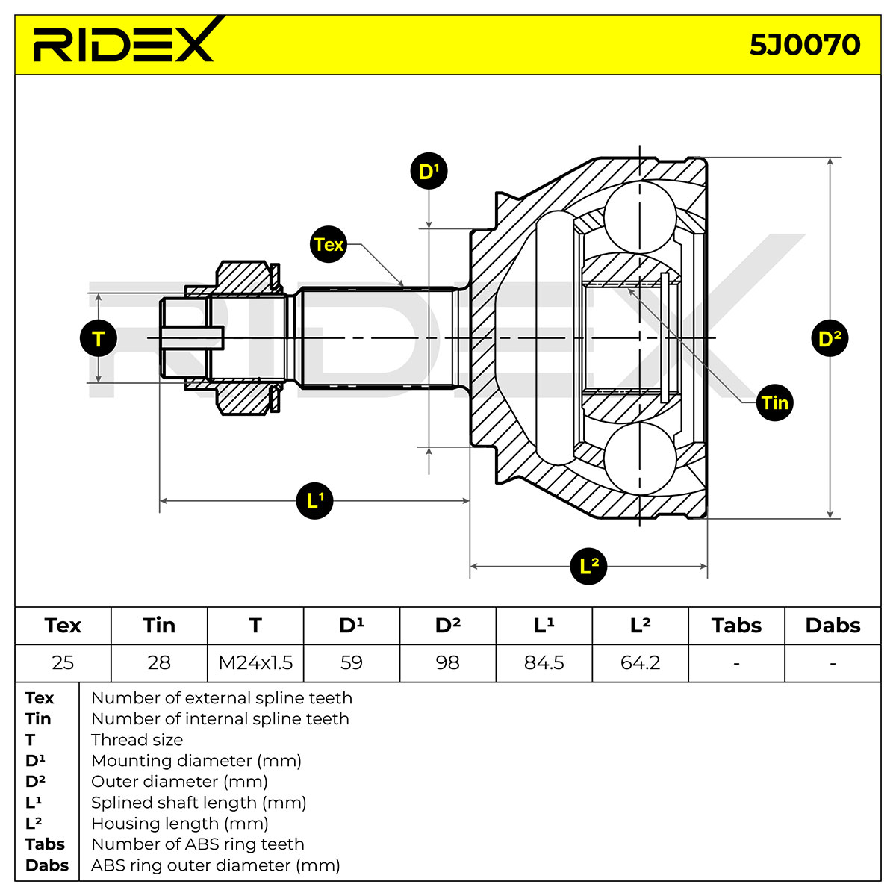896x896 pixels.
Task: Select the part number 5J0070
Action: click(804, 45)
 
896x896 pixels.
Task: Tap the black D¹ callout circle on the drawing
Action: click(429, 171)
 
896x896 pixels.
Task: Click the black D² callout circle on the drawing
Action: click(830, 338)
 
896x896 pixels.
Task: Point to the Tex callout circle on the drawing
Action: click(329, 245)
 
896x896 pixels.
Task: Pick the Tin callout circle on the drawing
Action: click(774, 402)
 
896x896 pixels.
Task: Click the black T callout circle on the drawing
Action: click(99, 338)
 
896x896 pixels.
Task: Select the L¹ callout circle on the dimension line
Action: click(315, 501)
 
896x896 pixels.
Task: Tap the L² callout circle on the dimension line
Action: click(588, 566)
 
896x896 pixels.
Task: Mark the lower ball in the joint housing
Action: click(640, 458)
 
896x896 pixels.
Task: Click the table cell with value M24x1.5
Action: click(255, 663)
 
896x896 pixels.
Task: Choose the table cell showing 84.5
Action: click(544, 663)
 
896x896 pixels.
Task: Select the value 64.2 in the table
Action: click(640, 663)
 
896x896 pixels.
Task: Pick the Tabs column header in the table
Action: click(736, 626)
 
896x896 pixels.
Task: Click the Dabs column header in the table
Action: click(833, 626)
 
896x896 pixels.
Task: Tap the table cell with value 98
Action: click(448, 663)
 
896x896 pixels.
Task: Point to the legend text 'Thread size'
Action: click(137, 740)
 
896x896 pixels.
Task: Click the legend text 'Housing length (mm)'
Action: click(180, 824)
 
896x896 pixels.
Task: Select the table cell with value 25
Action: click(63, 663)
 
